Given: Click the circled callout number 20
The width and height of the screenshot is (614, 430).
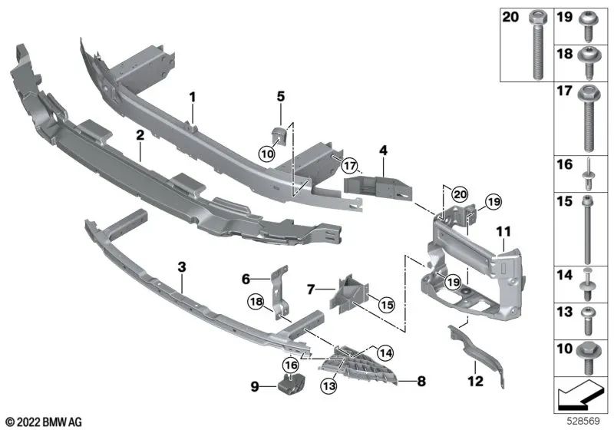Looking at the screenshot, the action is tap(460, 193).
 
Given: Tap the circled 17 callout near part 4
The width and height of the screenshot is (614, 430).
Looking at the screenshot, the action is tap(350, 165).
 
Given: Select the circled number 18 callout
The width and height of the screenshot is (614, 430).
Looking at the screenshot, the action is tap(256, 302).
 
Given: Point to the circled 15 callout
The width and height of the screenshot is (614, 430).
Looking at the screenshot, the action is tap(386, 304).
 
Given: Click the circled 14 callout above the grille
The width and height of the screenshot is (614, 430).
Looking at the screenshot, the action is tap(385, 353).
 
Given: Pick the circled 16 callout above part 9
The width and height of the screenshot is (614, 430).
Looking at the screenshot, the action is tap(292, 365).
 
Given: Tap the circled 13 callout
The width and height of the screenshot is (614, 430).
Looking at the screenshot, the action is tap(329, 386).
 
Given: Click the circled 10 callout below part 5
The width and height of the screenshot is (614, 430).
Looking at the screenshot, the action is tap(267, 154).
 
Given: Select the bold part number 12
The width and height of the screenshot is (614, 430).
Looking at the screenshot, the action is tap(475, 381).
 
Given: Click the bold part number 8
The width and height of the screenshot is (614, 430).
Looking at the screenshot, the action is tap(421, 381).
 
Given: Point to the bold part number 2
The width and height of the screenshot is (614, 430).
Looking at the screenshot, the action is tap(140, 135).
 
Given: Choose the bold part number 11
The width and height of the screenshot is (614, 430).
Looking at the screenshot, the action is tap(503, 232).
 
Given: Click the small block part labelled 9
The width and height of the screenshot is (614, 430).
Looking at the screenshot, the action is tap(292, 383).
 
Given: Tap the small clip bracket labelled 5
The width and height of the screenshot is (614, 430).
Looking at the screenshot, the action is tap(279, 134).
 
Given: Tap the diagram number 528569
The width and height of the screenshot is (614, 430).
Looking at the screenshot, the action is tap(584, 421).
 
